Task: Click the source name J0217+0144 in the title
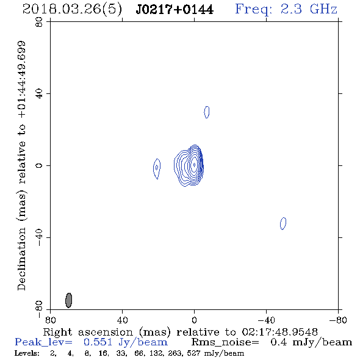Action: pos(175,10)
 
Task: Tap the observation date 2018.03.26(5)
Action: pos(72,10)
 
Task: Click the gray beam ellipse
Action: pos(69,300)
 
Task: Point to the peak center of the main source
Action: pos(194,165)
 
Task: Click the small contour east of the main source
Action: pos(157,169)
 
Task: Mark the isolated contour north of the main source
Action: pos(207,112)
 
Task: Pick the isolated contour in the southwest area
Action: pos(283,223)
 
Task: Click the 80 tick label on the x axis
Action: pos(50,320)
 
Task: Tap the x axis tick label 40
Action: pos(122,320)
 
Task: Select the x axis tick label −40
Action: pos(266,320)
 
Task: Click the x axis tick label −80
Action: pos(338,320)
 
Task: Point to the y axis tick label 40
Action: pos(39,94)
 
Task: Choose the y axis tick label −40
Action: pos(39,237)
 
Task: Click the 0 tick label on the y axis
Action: pos(39,165)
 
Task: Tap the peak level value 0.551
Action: pos(98,342)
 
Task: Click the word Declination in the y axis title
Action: pos(21,259)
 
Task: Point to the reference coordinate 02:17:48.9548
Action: pos(279,332)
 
